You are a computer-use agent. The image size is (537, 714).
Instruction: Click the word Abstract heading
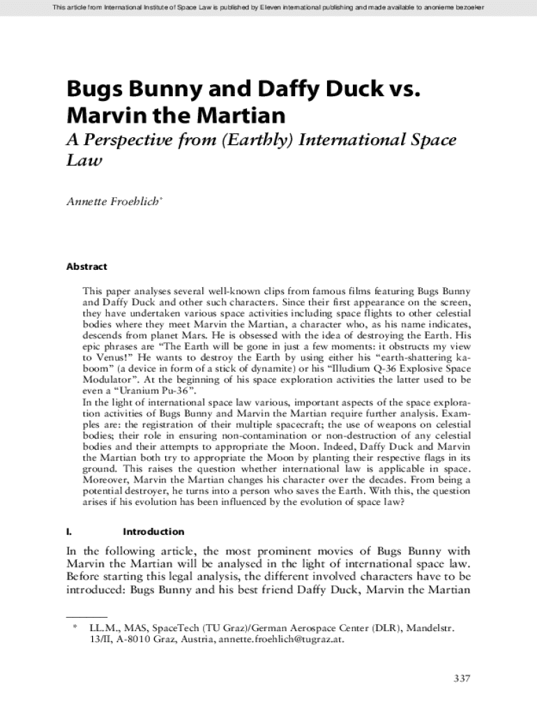click(86, 266)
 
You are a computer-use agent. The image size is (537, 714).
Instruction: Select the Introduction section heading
click(153, 531)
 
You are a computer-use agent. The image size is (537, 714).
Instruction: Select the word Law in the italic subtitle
click(84, 161)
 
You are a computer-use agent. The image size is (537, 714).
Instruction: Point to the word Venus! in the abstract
click(105, 356)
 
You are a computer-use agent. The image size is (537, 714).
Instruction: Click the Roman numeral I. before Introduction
click(69, 531)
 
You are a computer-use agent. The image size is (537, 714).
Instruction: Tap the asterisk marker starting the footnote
click(74, 628)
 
